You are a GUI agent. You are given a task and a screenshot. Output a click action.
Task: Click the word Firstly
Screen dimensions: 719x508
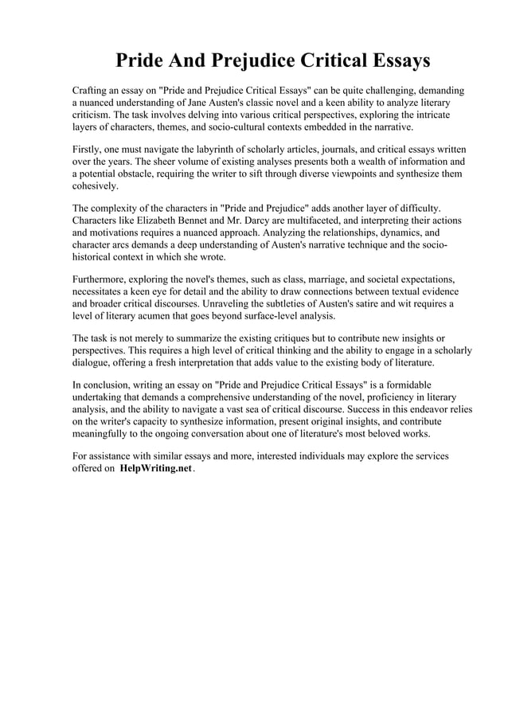tap(88, 149)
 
